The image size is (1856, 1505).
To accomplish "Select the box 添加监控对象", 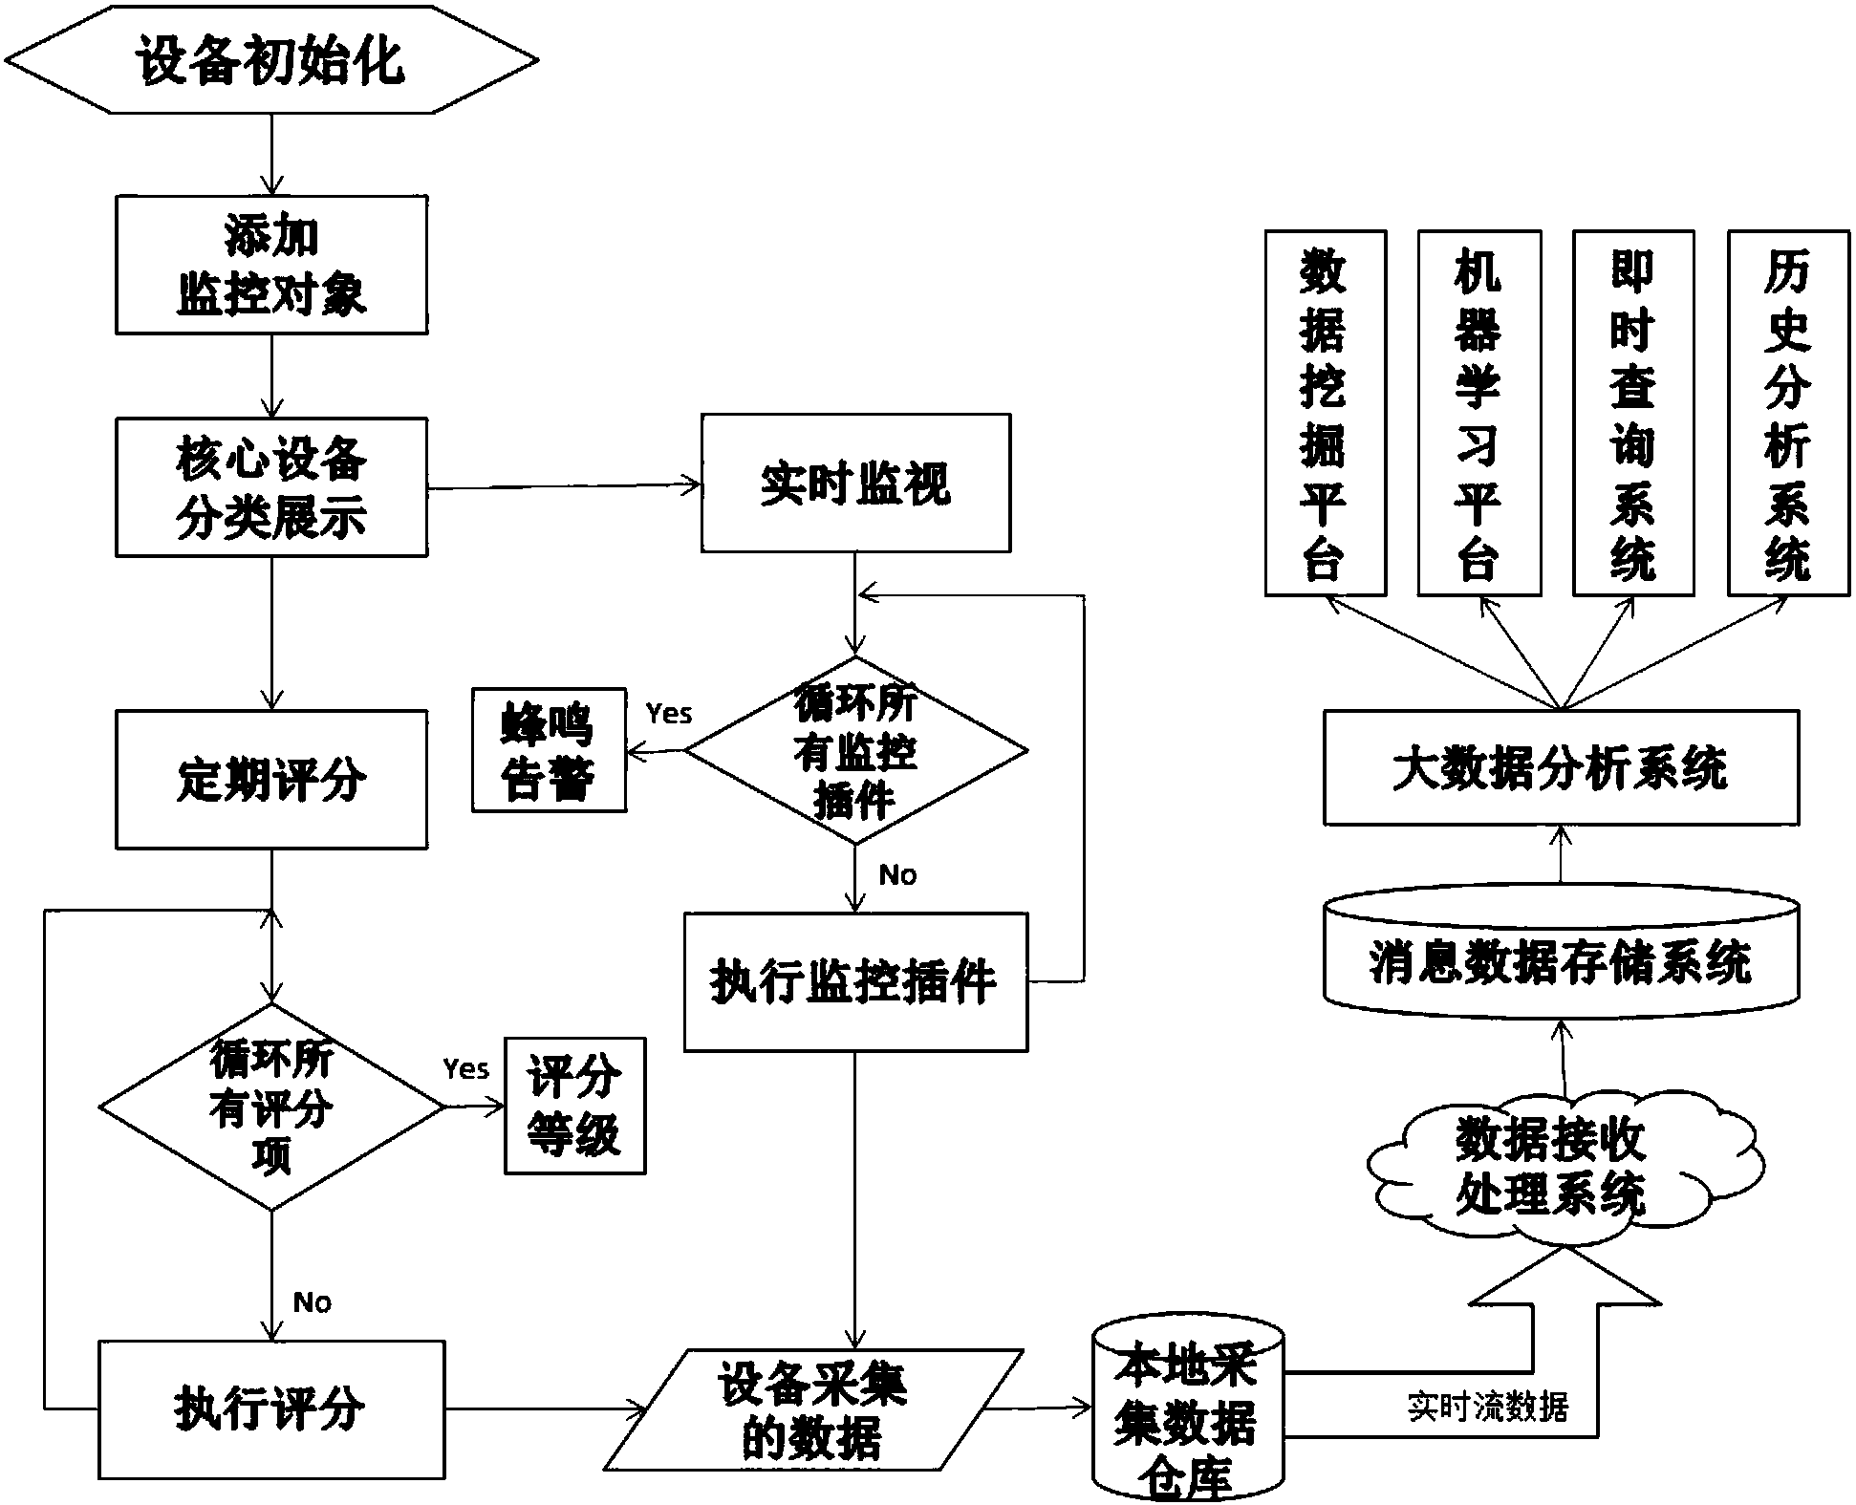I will click(x=271, y=265).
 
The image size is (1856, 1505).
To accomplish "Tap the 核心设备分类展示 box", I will click(x=271, y=487).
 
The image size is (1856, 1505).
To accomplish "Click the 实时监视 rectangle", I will click(x=855, y=484).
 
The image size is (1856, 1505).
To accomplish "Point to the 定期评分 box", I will click(x=271, y=779).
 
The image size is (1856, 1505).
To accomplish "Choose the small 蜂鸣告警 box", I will click(x=549, y=751).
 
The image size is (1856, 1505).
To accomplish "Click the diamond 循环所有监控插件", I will click(x=855, y=751).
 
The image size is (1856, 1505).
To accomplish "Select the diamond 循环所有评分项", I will click(x=271, y=1107).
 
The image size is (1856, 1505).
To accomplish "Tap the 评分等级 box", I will click(x=574, y=1106).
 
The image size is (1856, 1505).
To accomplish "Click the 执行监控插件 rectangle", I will click(x=855, y=982).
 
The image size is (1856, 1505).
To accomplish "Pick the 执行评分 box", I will click(x=271, y=1408).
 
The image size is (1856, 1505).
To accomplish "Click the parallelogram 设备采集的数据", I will click(x=813, y=1408).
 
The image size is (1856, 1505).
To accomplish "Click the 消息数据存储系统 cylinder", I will click(x=1560, y=961).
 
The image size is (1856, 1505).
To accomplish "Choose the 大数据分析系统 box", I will click(x=1560, y=768).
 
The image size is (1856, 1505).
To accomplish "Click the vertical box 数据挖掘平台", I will click(x=1325, y=413).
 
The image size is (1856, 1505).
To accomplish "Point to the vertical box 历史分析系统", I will click(x=1787, y=413).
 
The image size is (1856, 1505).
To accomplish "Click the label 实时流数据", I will click(x=1488, y=1408).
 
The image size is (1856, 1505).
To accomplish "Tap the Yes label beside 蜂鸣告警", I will click(x=668, y=713).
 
